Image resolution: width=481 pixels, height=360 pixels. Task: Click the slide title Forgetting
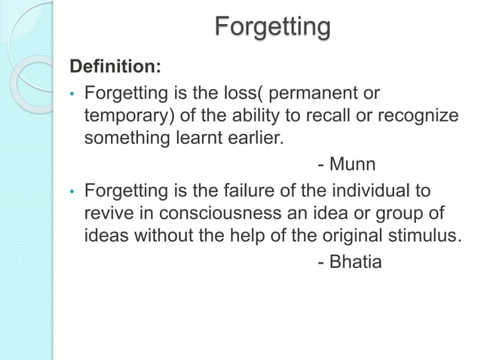click(272, 28)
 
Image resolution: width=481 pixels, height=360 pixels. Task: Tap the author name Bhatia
click(357, 263)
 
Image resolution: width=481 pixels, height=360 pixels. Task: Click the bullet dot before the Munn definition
click(70, 96)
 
